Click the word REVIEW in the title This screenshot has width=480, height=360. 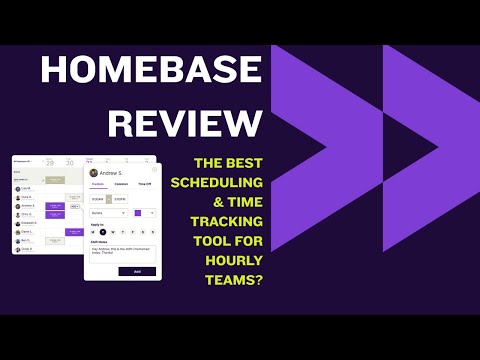186,122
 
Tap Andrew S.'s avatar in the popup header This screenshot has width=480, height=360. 93,173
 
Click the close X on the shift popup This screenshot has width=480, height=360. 154,169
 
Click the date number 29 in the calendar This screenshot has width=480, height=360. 50,163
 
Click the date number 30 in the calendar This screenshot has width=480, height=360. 69,163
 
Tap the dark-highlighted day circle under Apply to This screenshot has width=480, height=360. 102,232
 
